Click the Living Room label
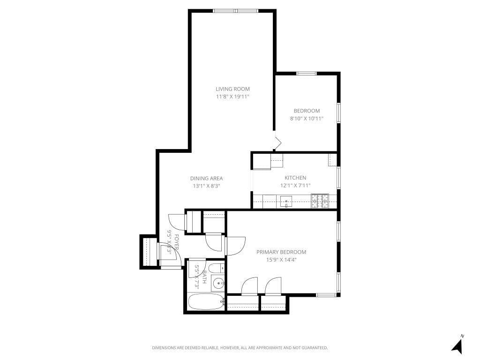[x=232, y=89]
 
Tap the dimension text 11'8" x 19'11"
[x=232, y=97]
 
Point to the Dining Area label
[x=206, y=178]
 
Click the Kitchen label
[x=295, y=178]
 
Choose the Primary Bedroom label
[x=281, y=252]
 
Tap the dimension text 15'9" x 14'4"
[x=281, y=260]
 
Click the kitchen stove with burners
[x=320, y=201]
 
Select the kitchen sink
[x=286, y=202]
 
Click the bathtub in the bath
[x=205, y=302]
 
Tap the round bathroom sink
[x=217, y=283]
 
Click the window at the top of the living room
[x=236, y=11]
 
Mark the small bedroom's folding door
[x=277, y=142]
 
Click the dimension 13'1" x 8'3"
[x=206, y=186]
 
